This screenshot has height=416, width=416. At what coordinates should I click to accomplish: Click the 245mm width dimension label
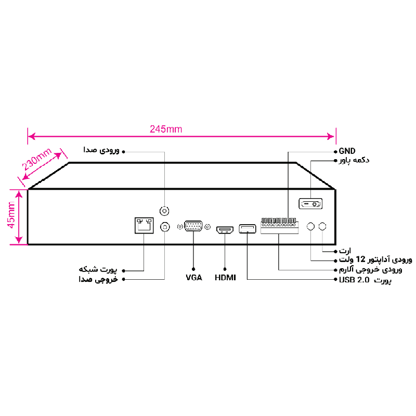click(166, 129)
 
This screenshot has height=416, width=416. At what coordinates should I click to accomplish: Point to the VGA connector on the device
click(193, 227)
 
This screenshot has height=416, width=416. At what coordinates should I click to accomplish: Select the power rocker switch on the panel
click(310, 203)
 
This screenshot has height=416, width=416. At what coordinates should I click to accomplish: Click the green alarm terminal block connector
click(279, 226)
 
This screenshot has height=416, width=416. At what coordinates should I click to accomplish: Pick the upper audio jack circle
click(165, 211)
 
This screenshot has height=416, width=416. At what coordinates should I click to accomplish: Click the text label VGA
click(194, 278)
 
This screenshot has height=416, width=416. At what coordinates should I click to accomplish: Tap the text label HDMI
click(225, 278)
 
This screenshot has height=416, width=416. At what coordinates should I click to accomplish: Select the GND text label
click(347, 151)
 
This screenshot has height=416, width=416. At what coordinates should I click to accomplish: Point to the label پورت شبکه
click(98, 270)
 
